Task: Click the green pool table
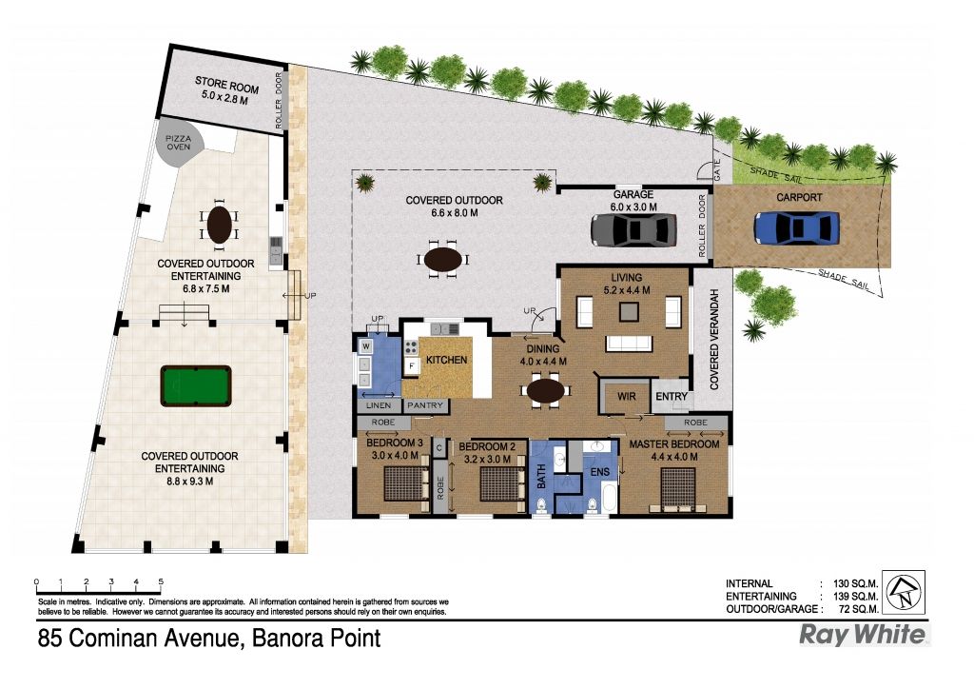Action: [196, 385]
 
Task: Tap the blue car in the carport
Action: [797, 227]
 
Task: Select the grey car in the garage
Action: [633, 230]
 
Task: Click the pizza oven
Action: [180, 147]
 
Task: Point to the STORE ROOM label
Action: [226, 84]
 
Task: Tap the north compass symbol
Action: [904, 592]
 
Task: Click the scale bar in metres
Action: [99, 584]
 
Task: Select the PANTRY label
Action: [425, 405]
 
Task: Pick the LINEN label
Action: [379, 405]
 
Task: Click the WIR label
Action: [626, 397]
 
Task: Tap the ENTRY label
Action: [672, 397]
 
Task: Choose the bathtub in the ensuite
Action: [609, 500]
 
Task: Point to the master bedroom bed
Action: [677, 490]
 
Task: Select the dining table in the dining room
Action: [546, 391]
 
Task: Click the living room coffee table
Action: [629, 311]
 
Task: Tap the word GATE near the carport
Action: [717, 170]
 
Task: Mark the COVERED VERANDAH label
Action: [713, 339]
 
